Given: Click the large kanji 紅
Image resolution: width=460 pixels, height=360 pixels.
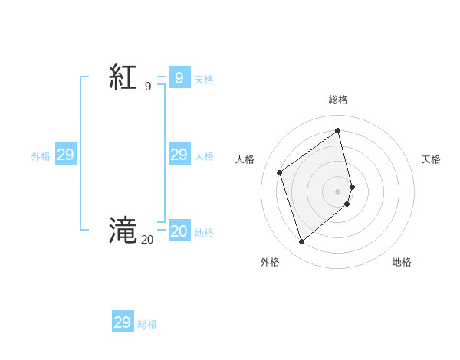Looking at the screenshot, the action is pos(123,78).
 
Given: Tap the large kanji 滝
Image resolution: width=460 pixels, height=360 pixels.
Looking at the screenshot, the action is pos(123,230).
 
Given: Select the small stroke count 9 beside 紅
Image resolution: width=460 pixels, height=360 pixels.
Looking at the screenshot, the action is pos(148,87).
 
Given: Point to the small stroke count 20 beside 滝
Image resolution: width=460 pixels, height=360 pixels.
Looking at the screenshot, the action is pos(146,240).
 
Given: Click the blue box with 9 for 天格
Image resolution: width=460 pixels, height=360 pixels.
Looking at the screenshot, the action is pos(179,78).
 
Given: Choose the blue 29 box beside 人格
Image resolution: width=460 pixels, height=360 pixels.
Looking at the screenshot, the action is pos(179,155).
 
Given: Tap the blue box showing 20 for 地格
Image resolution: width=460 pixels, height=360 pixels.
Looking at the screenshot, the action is pos(179,232).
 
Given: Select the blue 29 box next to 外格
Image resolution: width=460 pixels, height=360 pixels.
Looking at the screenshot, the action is pos(66,155).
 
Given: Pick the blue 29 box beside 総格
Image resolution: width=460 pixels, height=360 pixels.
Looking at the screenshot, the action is pos(123,322).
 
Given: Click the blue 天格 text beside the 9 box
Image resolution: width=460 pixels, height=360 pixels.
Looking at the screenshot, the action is pos(204,80).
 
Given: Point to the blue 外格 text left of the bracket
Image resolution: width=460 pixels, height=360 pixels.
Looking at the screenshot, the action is pos(41,156).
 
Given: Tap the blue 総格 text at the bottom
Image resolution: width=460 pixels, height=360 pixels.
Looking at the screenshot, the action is pos(147,324).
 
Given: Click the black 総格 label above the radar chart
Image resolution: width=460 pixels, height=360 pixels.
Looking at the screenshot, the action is pos(338,100).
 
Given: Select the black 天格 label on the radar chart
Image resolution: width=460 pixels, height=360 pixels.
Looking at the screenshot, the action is pos(431,159).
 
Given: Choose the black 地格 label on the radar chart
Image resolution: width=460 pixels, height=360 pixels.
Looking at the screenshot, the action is pos(402,263).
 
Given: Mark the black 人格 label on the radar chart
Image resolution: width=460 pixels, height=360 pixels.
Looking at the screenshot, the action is pos(245,159).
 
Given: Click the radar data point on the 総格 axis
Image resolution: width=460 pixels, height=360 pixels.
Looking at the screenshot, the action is pos(338,130).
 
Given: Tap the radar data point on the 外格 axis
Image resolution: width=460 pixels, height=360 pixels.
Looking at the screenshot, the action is pos(302,242).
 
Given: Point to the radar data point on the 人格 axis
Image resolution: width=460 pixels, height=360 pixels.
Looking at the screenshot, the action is pos(280,172).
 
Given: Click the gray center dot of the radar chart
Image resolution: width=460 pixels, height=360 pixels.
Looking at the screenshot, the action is pos(338,191).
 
